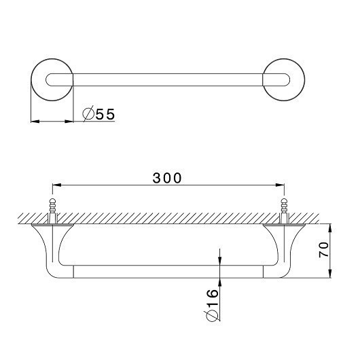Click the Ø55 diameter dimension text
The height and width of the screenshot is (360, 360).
pyautogui.click(x=98, y=114)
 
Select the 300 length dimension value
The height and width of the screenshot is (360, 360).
pyautogui.click(x=167, y=178)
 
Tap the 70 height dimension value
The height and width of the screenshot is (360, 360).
pyautogui.click(x=324, y=249)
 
